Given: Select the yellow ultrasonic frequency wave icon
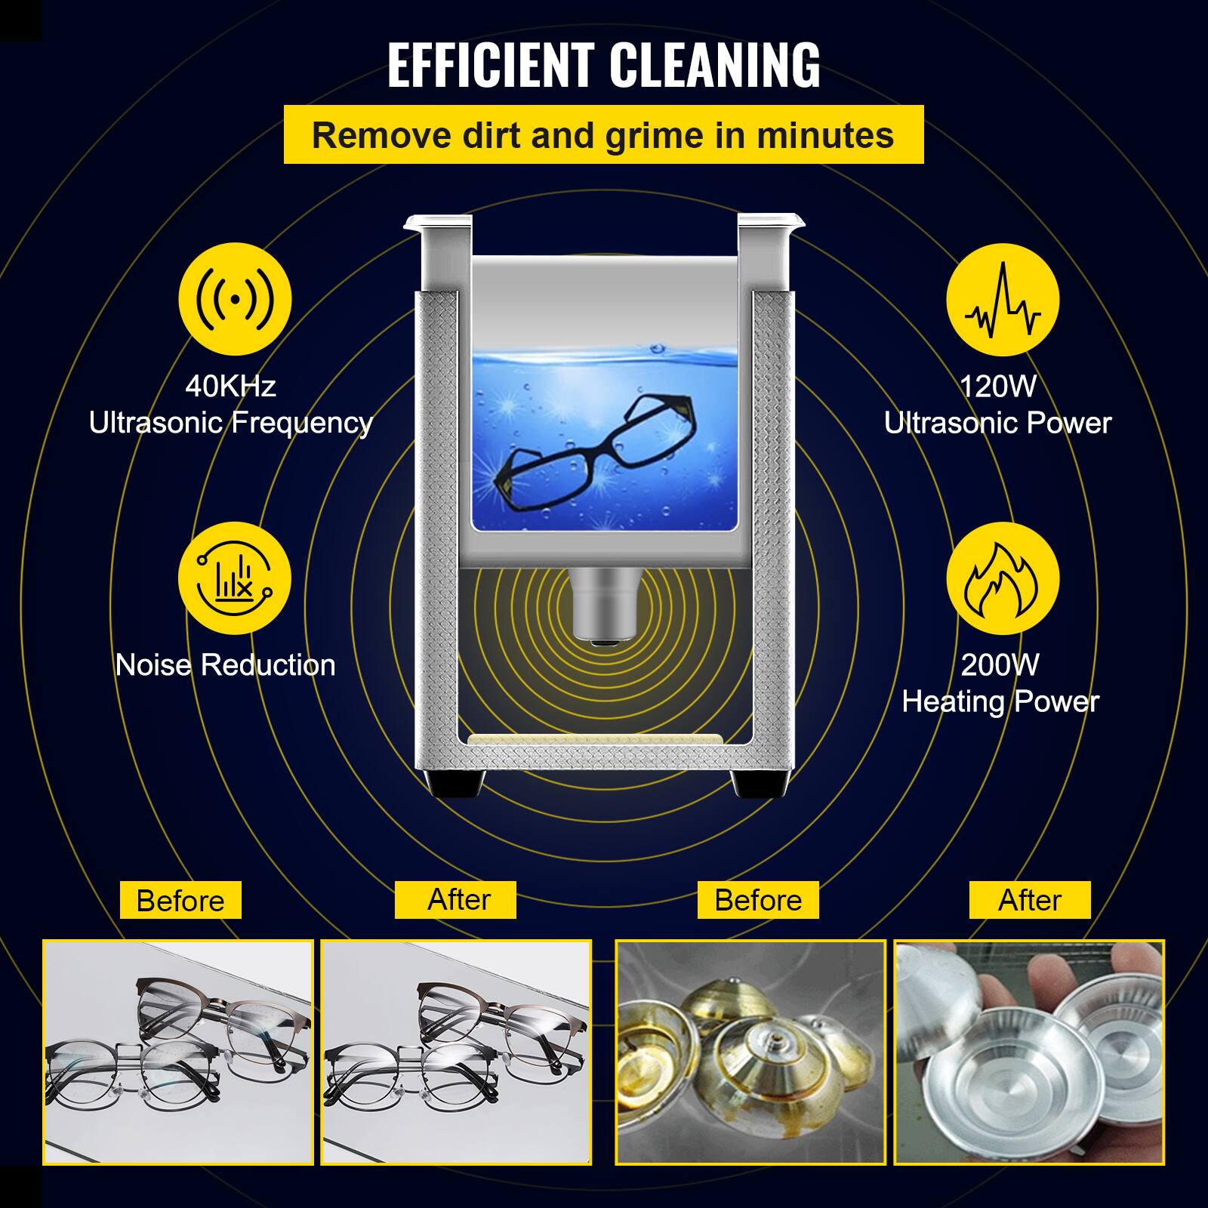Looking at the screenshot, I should click(x=235, y=300).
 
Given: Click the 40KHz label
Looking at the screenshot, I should click(x=230, y=387).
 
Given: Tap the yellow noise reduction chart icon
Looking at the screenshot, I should click(x=235, y=578).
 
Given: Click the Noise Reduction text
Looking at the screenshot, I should click(x=225, y=665).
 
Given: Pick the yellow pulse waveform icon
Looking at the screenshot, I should click(x=1003, y=300).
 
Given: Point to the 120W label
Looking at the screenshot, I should click(x=998, y=387).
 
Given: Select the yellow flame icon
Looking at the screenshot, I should click(x=1003, y=578).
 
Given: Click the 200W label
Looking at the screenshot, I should click(x=1000, y=665).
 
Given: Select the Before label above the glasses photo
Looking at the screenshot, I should click(x=180, y=901).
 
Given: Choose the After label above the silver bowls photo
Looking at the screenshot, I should click(x=1030, y=900).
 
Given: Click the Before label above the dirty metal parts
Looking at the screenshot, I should click(x=758, y=900).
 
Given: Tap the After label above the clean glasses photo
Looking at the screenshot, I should click(x=458, y=900).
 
